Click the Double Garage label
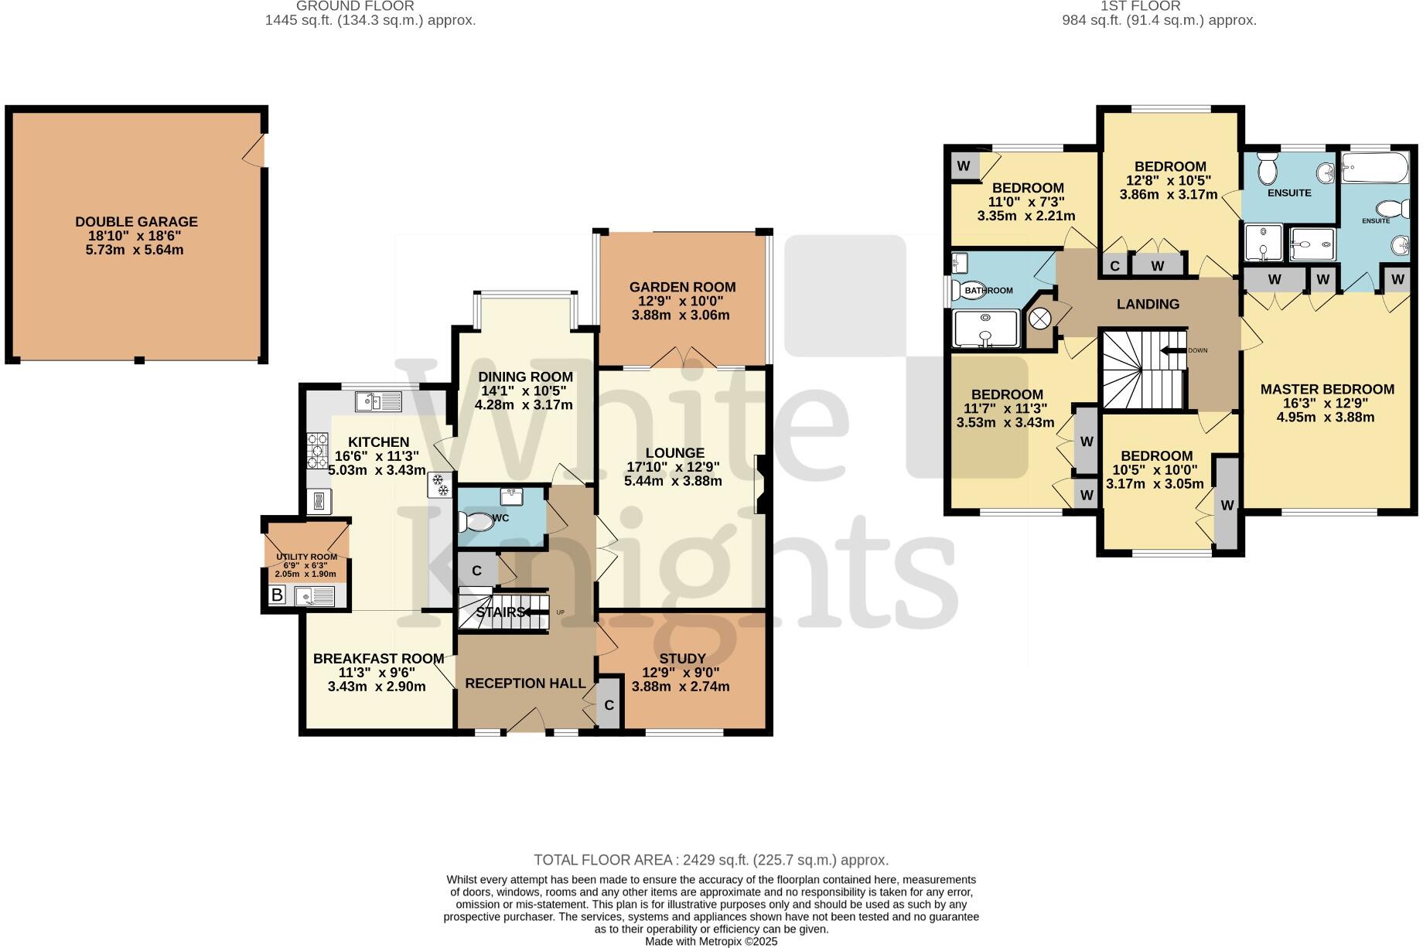[136, 222]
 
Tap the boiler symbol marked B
[277, 595]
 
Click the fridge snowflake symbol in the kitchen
[439, 485]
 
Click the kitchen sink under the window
[378, 401]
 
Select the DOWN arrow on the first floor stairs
[1173, 350]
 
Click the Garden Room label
[682, 287]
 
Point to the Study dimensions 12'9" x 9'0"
[681, 673]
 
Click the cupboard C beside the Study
[609, 705]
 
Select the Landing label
[1148, 304]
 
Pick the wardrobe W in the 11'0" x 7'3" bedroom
[964, 165]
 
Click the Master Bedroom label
[1326, 389]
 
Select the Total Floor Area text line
[711, 860]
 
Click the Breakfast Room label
[378, 659]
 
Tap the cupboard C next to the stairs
[476, 571]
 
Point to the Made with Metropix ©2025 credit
[711, 941]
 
